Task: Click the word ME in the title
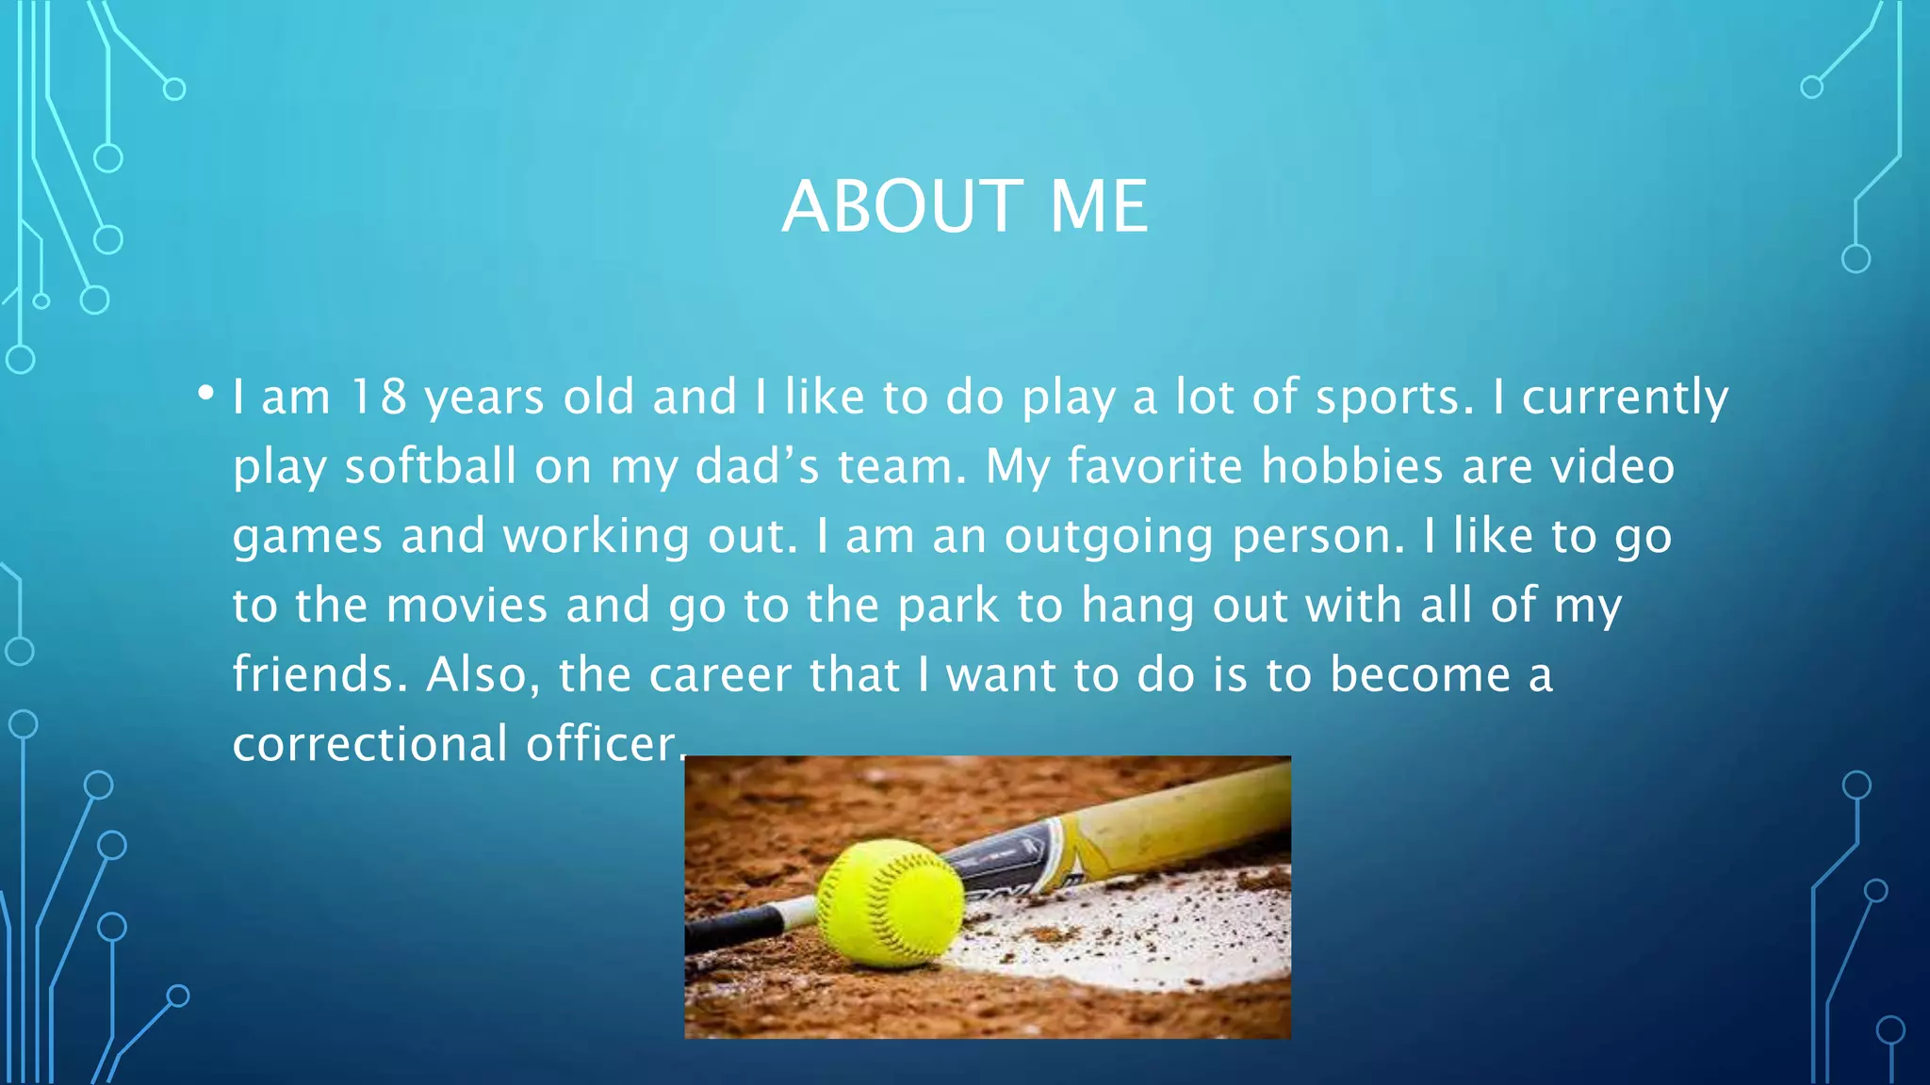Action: point(1098,206)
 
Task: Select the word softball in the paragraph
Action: point(430,466)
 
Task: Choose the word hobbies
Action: point(1351,466)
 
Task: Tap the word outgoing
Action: point(1108,537)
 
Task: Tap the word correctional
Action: point(370,744)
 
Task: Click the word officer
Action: point(600,744)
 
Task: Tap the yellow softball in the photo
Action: point(891,902)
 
